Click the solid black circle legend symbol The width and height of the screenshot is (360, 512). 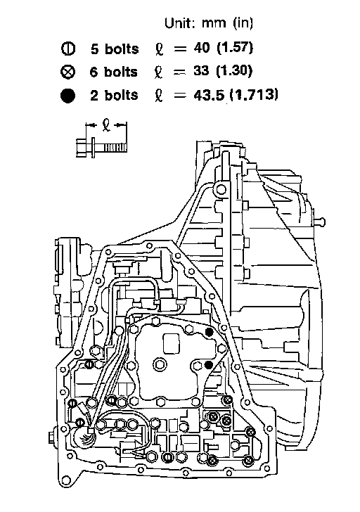click(67, 96)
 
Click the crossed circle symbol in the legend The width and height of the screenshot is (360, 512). click(67, 72)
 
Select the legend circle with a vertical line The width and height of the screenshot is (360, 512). click(68, 49)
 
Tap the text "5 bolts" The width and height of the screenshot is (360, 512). click(115, 49)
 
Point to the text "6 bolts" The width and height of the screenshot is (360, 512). click(114, 72)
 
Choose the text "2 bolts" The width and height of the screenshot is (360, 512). click(114, 96)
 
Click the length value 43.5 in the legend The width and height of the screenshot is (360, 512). click(209, 95)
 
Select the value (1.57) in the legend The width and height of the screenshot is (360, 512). click(235, 48)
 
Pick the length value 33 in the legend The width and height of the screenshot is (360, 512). click(201, 70)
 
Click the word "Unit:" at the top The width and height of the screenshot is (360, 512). click(179, 23)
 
